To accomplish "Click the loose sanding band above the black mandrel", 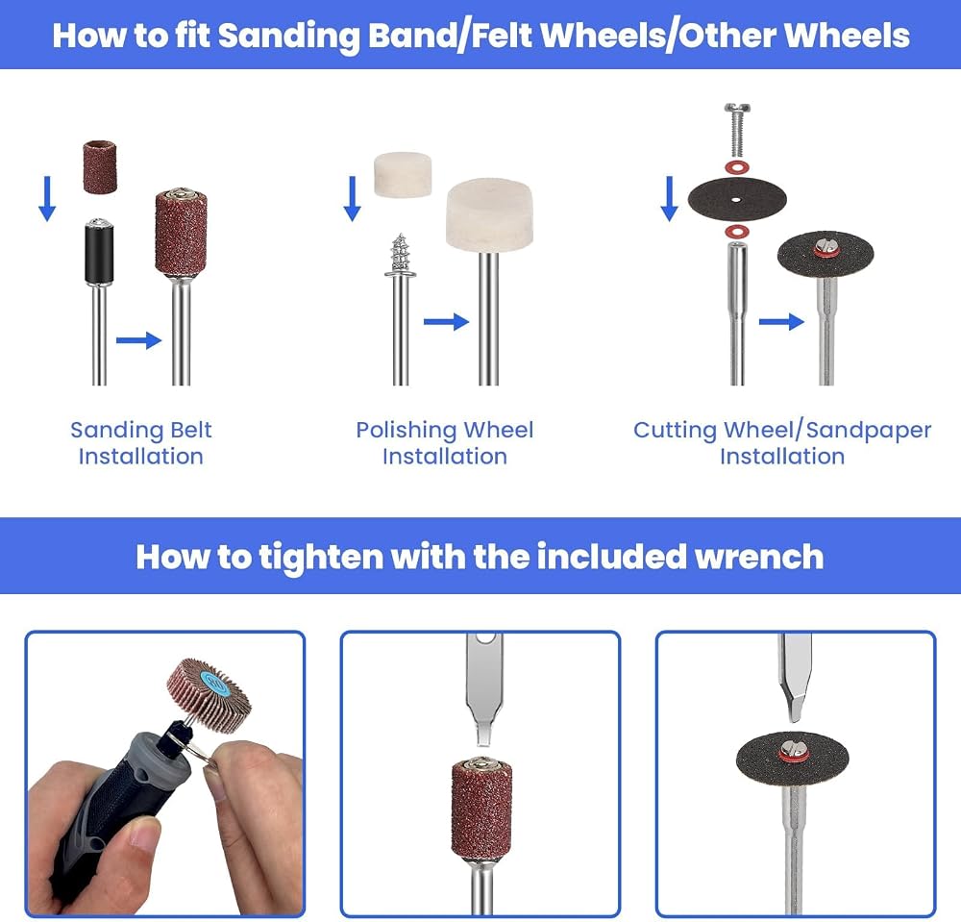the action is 99,167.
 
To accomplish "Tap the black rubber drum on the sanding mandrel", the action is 99,254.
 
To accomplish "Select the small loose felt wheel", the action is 403,174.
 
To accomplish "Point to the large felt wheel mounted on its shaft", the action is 489,214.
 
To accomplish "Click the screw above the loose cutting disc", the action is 737,130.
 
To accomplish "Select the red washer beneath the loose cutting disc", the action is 737,232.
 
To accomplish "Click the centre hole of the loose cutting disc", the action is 737,200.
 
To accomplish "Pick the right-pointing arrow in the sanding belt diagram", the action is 138,340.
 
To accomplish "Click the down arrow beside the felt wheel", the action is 353,199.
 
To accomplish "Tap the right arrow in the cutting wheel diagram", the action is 781,321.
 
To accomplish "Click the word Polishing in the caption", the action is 406,431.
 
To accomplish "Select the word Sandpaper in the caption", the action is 869,431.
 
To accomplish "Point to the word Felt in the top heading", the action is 504,35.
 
